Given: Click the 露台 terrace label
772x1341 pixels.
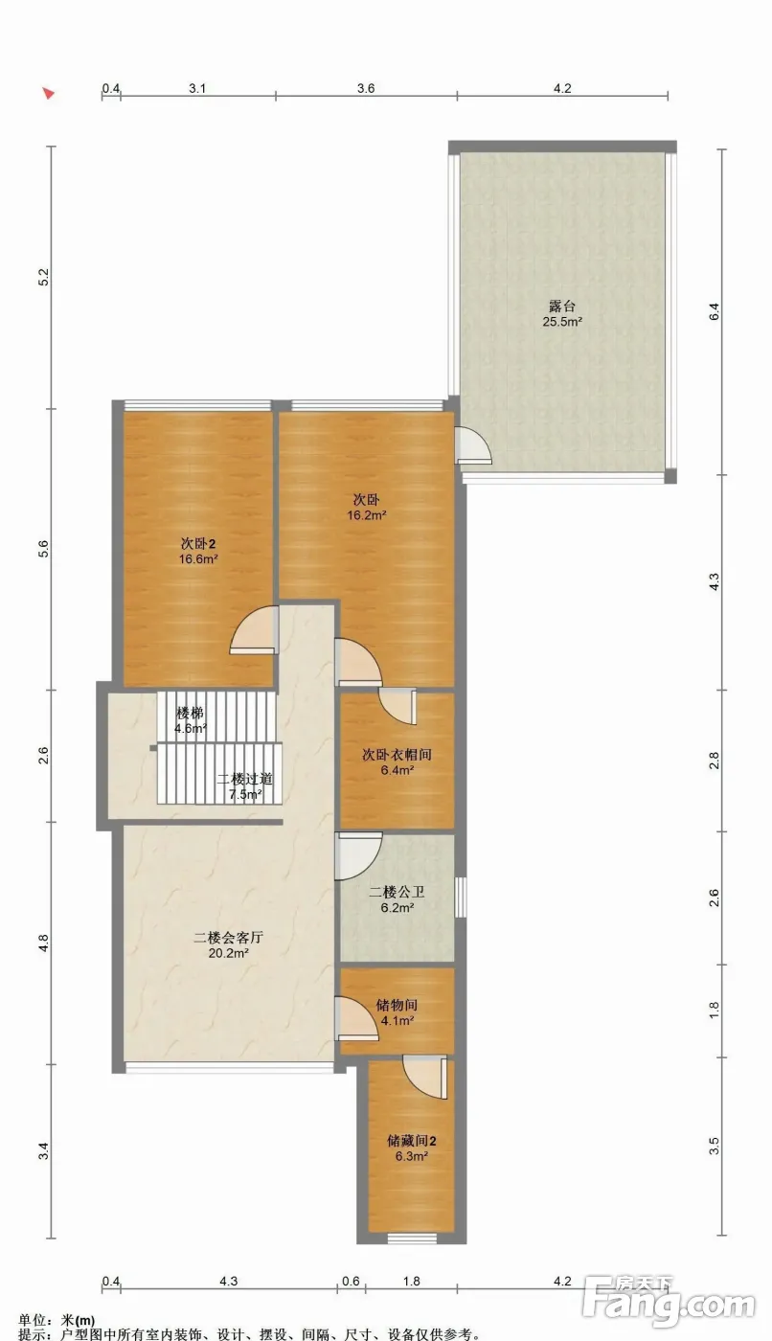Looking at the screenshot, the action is [x=562, y=306].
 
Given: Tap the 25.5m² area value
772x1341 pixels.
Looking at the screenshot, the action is [x=562, y=322].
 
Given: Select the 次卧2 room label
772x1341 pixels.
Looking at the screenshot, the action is [x=198, y=544].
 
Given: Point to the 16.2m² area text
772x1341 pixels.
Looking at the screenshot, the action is [x=367, y=515].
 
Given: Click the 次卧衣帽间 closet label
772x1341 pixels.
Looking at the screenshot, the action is [x=397, y=755].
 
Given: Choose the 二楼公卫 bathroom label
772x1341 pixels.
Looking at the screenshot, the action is [x=397, y=892].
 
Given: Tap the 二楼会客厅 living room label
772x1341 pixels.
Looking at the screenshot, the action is [x=229, y=937].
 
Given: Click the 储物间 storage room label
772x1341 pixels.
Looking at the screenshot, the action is [x=397, y=1005].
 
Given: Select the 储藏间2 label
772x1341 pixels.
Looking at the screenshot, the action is [x=412, y=1141].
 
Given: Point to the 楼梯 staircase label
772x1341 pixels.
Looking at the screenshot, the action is [x=191, y=713].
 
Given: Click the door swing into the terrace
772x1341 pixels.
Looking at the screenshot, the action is [x=473, y=444].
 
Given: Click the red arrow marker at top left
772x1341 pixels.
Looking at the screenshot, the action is [x=49, y=94].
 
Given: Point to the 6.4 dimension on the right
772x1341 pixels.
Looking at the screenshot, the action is [x=714, y=312].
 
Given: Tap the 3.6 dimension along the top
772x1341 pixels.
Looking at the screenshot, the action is [x=366, y=88].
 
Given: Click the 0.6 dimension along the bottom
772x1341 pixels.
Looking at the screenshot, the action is [x=351, y=1282].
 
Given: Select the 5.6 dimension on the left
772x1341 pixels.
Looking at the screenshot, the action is [x=43, y=548].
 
